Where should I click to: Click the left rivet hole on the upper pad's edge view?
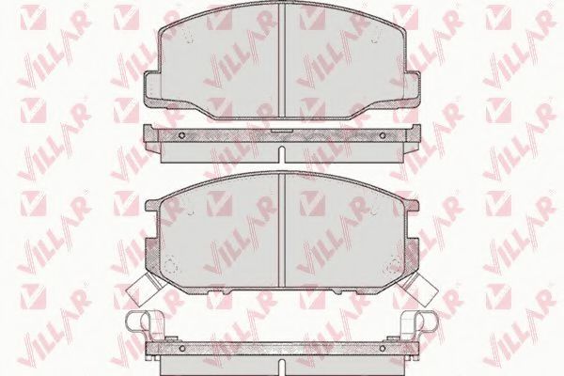[x=181, y=135]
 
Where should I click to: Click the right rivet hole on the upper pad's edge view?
[x=383, y=135]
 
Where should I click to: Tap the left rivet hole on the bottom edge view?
[x=181, y=348]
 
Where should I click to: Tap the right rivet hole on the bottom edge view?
[x=383, y=348]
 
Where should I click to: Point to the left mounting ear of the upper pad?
[x=151, y=88]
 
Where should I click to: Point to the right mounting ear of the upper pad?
[x=413, y=88]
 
